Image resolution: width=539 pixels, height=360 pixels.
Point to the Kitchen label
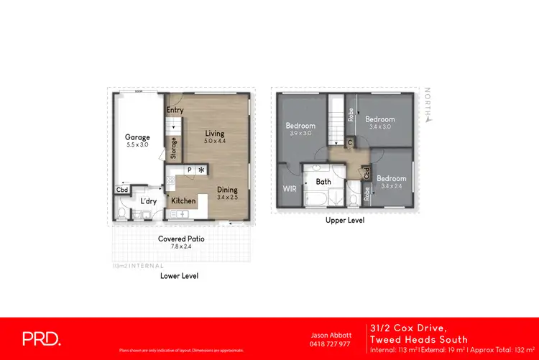pos(183,201)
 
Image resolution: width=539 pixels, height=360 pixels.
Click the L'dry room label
pos(149,201)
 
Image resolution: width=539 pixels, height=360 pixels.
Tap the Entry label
pos(175,110)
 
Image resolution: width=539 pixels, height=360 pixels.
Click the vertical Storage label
pos(174,149)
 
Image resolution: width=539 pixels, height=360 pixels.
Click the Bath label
pos(323,182)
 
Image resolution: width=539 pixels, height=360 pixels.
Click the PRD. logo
pos(42,338)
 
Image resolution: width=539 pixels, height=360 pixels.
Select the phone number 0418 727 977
pos(330,343)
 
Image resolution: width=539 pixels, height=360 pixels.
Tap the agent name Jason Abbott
pos(330,335)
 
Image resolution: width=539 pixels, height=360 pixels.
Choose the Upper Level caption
pos(346,221)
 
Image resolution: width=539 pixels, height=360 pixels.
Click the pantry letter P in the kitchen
pos(188,170)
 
